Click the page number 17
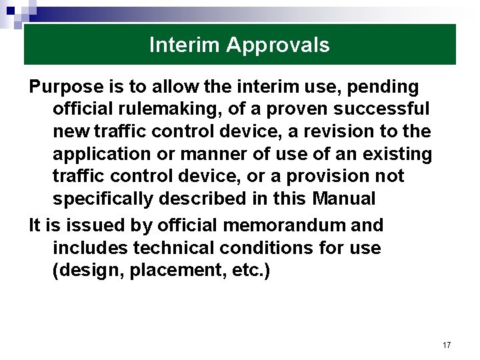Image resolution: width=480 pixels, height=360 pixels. coord(446,345)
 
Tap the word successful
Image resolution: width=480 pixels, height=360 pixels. coord(384,109)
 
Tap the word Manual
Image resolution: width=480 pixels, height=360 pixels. coord(342,199)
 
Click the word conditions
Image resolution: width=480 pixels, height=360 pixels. coord(275,248)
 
